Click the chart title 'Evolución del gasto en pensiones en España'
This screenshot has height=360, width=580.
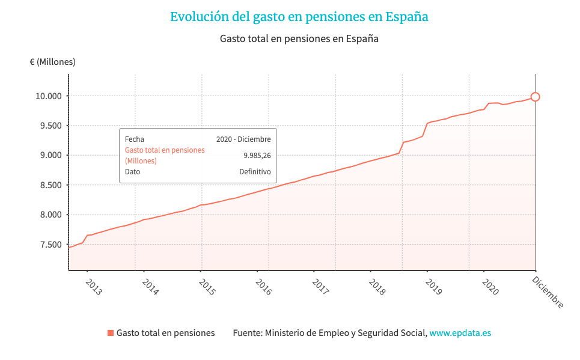point(299,17)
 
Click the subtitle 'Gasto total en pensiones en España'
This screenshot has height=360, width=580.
point(299,38)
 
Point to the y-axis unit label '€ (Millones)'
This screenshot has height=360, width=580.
point(53,62)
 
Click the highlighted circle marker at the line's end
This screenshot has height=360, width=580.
point(536,97)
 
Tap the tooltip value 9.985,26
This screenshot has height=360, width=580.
point(257,155)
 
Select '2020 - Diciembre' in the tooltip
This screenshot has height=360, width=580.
point(243,139)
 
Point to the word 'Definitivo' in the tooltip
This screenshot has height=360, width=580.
point(255,172)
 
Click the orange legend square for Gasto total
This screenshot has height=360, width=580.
point(110,333)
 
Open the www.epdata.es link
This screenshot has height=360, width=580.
point(460,333)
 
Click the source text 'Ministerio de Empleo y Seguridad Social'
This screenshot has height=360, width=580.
point(346,333)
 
